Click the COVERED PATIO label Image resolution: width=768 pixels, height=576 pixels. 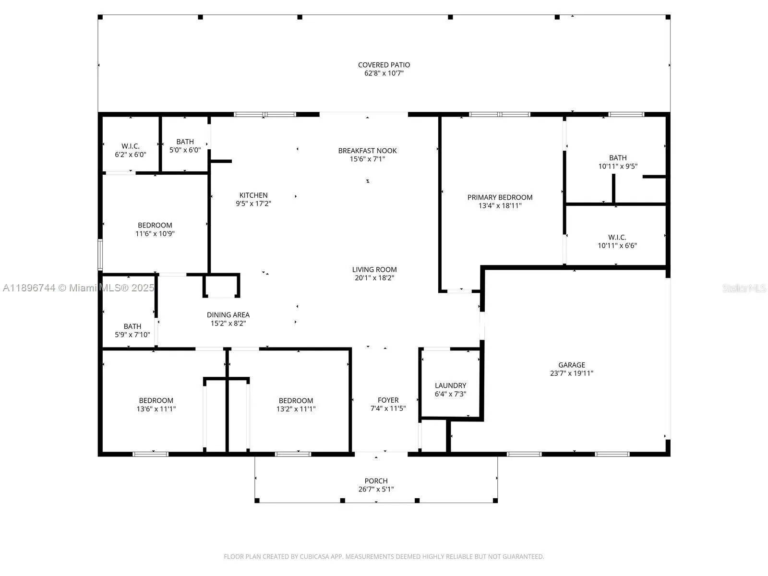point(384,65)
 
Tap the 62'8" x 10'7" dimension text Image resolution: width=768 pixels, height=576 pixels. point(384,73)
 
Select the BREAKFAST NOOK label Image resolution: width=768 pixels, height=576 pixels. point(367,151)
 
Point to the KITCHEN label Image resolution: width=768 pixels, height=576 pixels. point(253,195)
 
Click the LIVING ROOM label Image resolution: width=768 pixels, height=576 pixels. point(374,270)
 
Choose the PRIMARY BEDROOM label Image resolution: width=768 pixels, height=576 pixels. point(500,197)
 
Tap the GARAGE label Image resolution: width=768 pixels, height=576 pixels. point(572,365)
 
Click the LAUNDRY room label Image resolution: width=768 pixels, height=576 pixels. point(450,385)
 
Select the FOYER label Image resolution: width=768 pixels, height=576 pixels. point(388,400)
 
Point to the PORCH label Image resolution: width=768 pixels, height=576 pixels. point(376,481)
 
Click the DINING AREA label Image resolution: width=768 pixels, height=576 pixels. point(228,315)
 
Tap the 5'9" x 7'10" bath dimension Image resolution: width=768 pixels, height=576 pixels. point(132,335)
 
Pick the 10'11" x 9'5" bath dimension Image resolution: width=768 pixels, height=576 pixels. point(618,167)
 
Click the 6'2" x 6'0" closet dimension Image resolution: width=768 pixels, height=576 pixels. point(131,155)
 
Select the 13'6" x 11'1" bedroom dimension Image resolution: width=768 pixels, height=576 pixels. point(156,409)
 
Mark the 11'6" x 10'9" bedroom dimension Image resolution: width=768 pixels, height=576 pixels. point(155,234)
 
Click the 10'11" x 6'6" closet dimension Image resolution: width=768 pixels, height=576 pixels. point(617,245)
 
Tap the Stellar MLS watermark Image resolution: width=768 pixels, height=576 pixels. point(744,288)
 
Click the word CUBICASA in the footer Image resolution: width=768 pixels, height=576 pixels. point(314,556)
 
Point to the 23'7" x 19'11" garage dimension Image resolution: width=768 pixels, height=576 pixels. point(572,373)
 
